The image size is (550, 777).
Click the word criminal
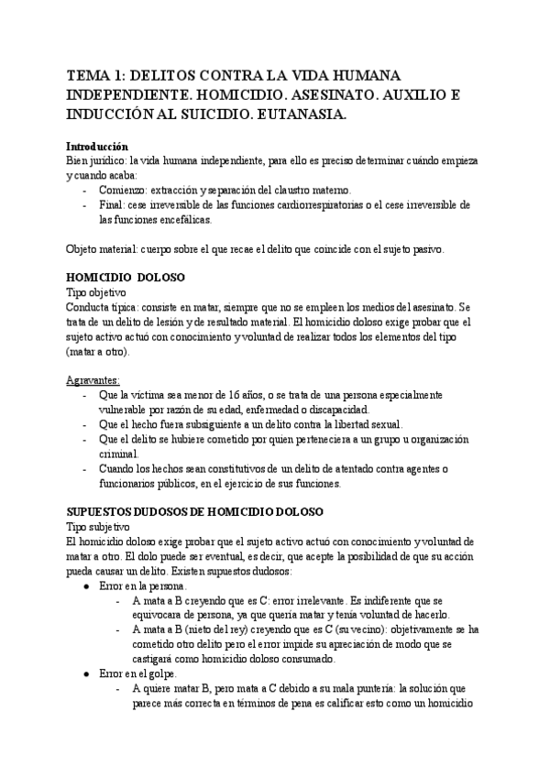(122, 454)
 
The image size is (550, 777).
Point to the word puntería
(363, 690)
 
